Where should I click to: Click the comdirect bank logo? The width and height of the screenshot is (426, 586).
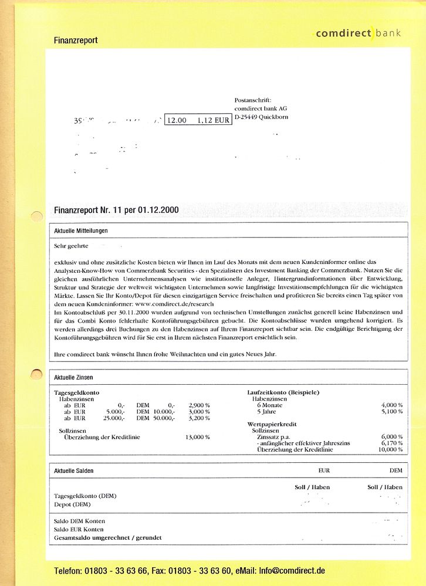click(358, 33)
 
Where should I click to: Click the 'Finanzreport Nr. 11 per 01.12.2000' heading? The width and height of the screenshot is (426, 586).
click(116, 210)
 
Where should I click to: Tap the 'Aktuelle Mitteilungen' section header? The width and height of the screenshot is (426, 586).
click(81, 231)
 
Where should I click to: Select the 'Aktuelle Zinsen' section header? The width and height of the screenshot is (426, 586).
click(73, 377)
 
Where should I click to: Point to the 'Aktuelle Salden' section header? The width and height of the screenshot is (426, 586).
click(73, 470)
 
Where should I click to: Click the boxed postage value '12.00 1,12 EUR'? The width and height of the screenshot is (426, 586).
click(198, 120)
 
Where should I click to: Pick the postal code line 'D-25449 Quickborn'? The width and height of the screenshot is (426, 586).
click(261, 117)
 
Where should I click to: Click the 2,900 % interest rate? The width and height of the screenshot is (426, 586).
click(199, 405)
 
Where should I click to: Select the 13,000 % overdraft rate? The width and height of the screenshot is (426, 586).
click(197, 437)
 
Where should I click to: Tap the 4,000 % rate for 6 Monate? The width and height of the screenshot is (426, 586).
click(391, 405)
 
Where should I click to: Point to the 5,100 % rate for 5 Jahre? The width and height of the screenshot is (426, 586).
click(391, 412)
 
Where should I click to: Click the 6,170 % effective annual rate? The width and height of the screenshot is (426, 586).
click(391, 443)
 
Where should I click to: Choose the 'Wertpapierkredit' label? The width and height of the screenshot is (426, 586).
click(272, 424)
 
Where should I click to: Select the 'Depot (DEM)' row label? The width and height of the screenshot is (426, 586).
click(72, 504)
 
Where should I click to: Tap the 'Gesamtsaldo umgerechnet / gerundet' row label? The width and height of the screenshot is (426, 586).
click(107, 537)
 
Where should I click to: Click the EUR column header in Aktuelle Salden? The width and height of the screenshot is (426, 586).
click(324, 470)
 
